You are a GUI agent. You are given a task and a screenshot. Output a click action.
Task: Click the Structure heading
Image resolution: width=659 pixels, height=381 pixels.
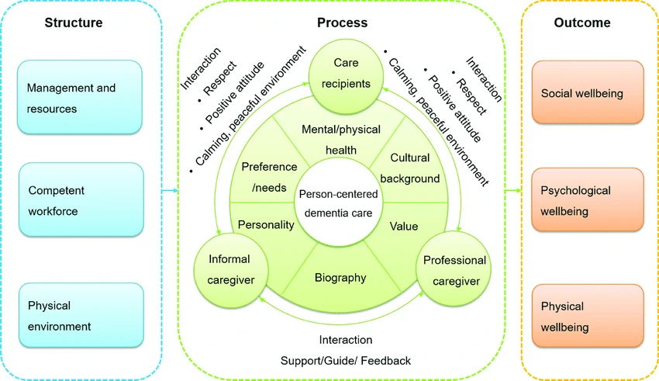click(73, 23)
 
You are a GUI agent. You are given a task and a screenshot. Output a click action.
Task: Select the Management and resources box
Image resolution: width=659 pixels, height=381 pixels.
click(80, 98)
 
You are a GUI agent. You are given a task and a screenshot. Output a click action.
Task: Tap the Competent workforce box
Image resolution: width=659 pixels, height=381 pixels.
click(80, 199)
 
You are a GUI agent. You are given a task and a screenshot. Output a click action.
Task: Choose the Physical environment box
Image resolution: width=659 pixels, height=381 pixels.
click(80, 316)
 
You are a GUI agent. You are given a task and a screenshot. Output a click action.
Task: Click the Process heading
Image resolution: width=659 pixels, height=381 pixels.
click(342, 23)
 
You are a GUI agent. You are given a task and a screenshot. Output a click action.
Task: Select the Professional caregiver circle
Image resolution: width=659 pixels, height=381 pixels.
click(454, 269)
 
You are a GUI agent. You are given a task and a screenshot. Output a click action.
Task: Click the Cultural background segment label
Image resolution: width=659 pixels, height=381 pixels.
click(409, 168)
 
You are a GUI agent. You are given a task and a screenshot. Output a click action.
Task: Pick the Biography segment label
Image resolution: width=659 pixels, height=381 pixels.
click(340, 277)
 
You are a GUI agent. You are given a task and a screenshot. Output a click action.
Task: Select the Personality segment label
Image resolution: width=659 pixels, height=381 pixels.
click(266, 225)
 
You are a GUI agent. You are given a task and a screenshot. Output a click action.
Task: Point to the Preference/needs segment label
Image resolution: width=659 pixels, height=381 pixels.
click(269, 176)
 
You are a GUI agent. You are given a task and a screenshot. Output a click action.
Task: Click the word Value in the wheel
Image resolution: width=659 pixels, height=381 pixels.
click(403, 226)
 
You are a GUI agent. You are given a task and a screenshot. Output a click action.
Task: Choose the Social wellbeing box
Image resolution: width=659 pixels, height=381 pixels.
click(588, 93)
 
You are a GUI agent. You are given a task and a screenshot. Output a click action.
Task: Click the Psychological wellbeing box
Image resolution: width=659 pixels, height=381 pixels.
click(588, 200)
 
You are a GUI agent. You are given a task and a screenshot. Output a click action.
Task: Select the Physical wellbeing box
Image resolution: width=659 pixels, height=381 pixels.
click(588, 316)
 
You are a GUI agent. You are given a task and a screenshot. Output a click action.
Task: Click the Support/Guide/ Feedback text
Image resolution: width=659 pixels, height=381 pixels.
click(346, 361)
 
